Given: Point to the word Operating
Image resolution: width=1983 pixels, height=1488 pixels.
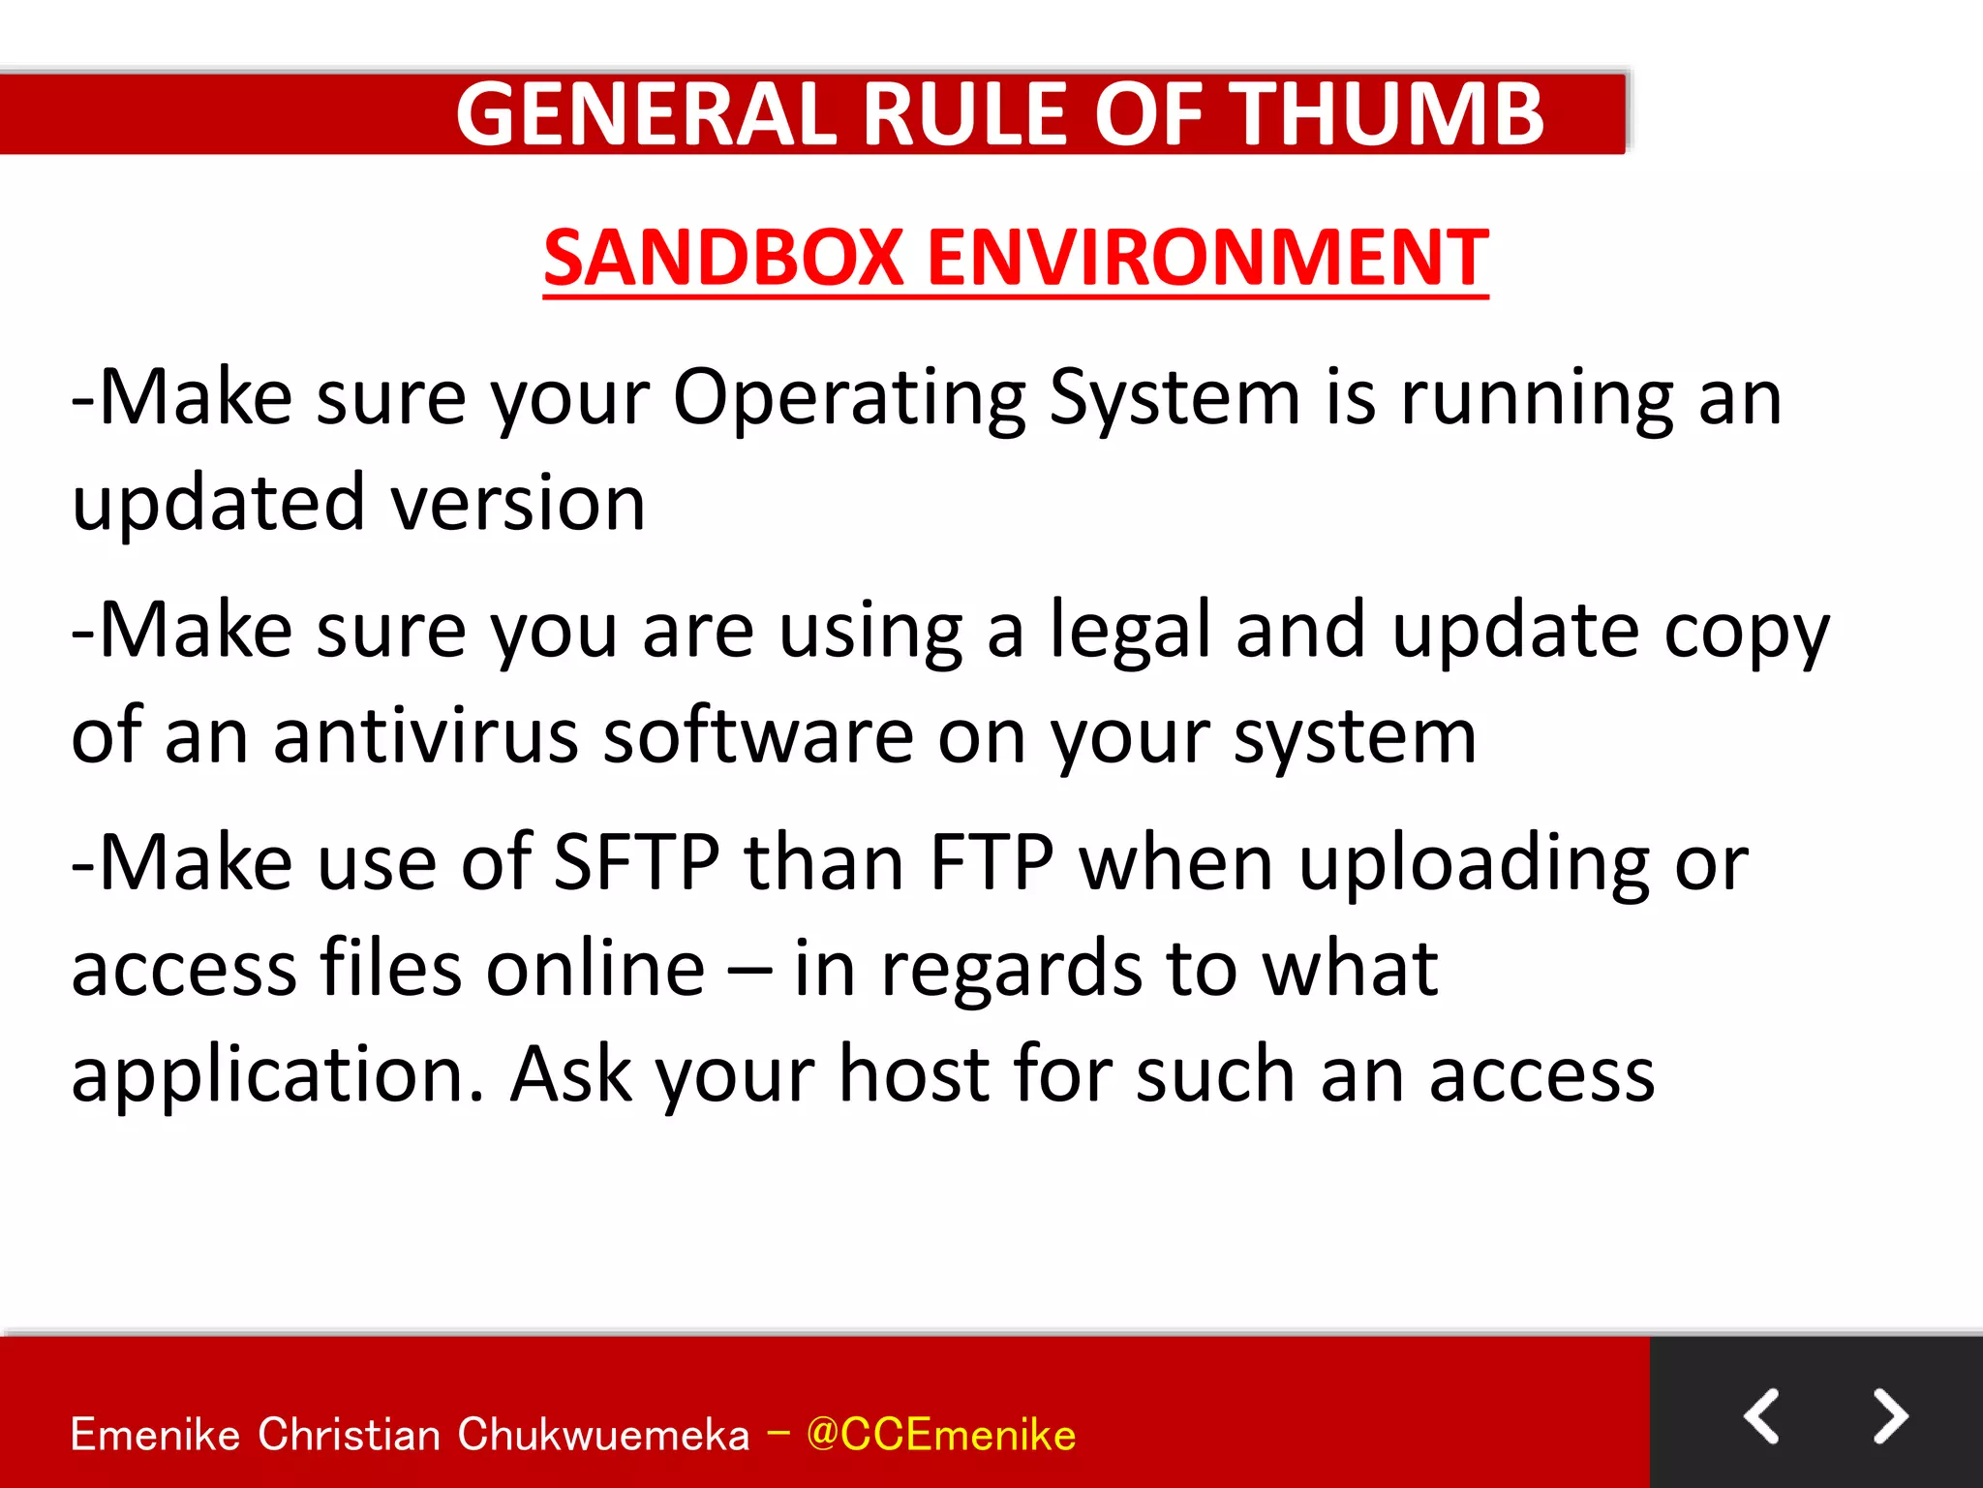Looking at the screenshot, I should click(848, 399).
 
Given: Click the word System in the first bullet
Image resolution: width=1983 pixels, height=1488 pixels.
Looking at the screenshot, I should click(1174, 399).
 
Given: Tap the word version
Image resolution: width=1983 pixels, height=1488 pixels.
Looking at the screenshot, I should click(517, 504).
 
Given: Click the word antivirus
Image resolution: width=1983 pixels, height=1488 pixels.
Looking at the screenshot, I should click(425, 736).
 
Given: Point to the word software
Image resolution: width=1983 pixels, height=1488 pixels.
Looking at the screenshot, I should click(757, 736).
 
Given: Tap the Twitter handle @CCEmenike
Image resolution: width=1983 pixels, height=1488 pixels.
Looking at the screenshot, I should click(940, 1435).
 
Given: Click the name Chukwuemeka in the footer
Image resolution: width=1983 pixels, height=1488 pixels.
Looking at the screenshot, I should click(603, 1435).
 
